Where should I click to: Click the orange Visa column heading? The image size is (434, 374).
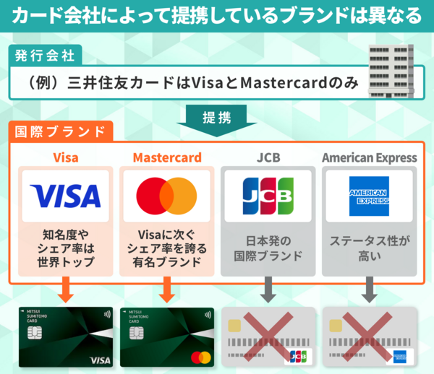65,157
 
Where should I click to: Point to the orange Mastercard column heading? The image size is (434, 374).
166,157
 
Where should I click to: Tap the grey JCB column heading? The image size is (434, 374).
268,157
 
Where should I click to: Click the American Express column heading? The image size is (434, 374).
369,157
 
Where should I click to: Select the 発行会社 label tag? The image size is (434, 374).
45,54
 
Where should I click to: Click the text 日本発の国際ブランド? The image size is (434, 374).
268,248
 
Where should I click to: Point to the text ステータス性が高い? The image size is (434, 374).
369,248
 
